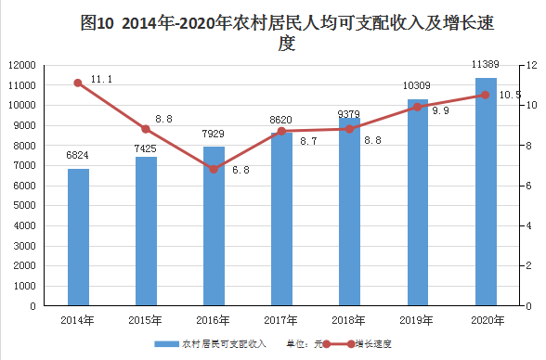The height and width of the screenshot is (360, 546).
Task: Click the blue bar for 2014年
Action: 78,238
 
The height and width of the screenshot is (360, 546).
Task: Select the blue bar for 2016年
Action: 214,226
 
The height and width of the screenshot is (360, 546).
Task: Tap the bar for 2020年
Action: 487,192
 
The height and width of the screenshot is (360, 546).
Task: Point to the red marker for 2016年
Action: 214,169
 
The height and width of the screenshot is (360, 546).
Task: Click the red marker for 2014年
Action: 78,83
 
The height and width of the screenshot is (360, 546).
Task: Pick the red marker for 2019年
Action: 418,107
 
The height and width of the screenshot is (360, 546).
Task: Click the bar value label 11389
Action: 486,64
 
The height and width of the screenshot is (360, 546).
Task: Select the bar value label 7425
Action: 146,148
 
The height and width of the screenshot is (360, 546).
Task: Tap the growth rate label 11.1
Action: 102,79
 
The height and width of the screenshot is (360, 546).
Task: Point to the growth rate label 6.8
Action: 241,170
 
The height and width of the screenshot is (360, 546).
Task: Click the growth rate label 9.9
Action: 441,110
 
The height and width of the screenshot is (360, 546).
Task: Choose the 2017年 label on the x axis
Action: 280,320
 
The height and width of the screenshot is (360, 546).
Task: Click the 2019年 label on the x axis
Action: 416,320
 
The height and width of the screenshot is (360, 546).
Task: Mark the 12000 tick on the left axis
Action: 22,65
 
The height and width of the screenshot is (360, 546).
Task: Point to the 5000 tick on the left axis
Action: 25,206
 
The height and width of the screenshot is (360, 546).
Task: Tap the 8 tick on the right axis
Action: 528,146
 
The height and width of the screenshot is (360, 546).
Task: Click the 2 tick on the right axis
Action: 528,265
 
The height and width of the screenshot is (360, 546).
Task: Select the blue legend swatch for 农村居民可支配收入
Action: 166,344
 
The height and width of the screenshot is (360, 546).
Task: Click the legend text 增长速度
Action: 373,344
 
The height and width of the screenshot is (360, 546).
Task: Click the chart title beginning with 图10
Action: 287,32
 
